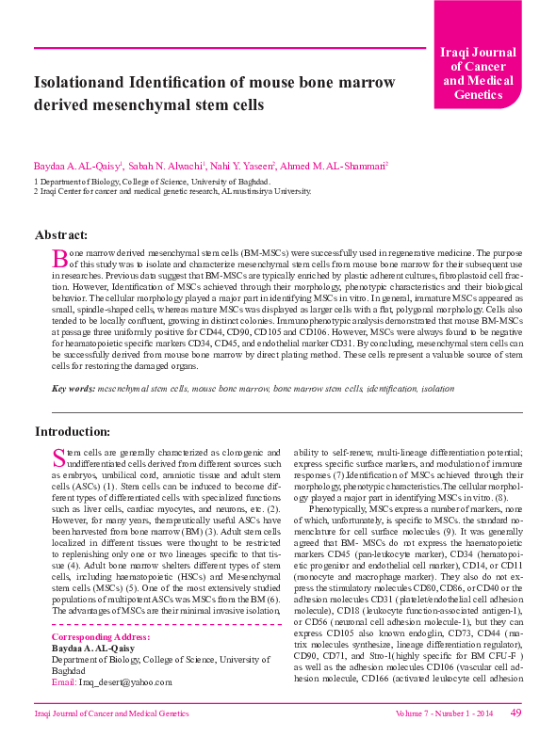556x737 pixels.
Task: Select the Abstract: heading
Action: [61, 234]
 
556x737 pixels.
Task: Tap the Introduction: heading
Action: [72, 431]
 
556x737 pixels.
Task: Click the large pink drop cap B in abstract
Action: [59, 258]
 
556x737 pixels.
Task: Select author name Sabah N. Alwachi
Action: [152, 166]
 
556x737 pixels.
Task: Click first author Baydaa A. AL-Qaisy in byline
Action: [72, 166]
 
